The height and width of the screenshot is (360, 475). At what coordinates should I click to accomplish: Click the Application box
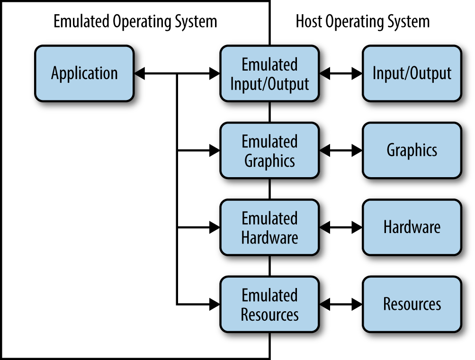(x=84, y=73)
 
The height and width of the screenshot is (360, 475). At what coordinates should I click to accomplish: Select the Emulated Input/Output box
(x=269, y=73)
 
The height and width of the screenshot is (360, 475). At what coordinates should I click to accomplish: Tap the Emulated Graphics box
(x=269, y=151)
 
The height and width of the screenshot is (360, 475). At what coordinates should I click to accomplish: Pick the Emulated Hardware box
(x=269, y=228)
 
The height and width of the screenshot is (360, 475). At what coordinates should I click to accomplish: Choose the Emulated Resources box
(x=269, y=305)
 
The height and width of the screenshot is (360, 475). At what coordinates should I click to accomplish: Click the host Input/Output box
(x=412, y=73)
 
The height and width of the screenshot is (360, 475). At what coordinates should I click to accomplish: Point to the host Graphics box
(x=412, y=151)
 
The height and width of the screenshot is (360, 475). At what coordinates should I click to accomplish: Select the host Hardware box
(x=412, y=228)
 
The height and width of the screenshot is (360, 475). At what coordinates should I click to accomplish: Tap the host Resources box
(x=412, y=305)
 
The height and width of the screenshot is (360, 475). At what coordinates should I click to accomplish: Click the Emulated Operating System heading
(x=135, y=22)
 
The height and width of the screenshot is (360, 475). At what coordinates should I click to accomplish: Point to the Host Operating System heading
(x=362, y=22)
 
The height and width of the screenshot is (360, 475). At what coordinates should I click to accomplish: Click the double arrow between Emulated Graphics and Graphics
(x=341, y=151)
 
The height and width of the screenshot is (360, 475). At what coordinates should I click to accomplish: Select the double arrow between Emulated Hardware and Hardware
(x=341, y=228)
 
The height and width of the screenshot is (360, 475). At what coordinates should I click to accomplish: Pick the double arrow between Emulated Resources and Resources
(x=341, y=305)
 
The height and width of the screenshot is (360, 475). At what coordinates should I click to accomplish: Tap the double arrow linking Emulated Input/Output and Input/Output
(x=341, y=73)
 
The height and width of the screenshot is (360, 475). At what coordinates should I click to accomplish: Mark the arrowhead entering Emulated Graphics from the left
(x=215, y=151)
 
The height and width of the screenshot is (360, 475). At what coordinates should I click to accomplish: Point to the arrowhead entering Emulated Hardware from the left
(x=215, y=228)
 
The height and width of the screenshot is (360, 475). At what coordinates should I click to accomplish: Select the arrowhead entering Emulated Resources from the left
(x=215, y=305)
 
